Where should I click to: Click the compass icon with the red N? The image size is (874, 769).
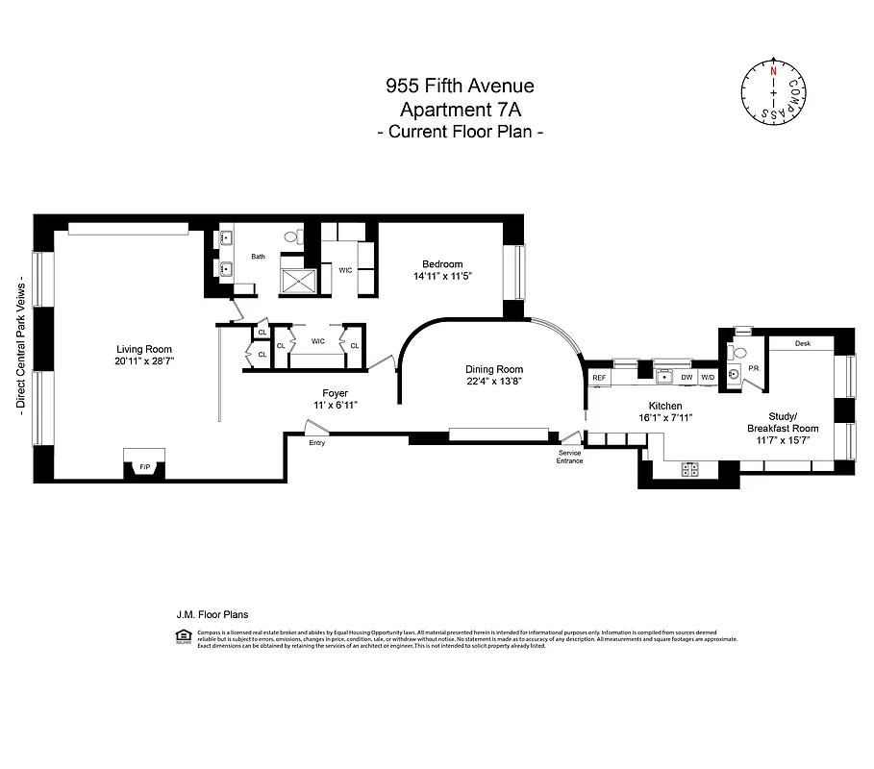point(773,93)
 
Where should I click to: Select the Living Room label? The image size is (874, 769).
point(144,350)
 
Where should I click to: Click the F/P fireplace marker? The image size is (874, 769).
point(145,467)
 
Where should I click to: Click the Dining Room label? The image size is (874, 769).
point(493,369)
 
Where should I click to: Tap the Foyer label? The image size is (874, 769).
point(335,393)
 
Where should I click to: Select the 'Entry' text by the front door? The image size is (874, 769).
point(317,443)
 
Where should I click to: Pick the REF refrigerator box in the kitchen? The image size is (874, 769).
point(599,378)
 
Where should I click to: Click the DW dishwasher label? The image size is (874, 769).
point(687,378)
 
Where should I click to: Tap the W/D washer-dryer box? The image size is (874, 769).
point(708,378)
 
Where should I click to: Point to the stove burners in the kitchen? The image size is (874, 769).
point(689,469)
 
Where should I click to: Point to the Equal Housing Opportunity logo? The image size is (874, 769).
point(182,634)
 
